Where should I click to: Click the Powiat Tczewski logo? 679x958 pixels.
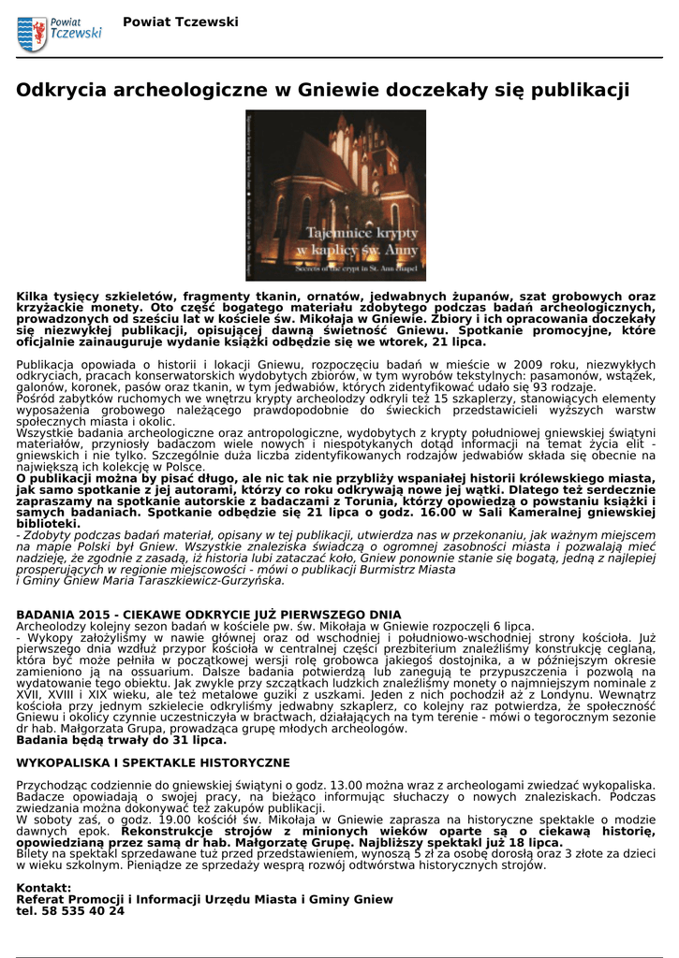59,34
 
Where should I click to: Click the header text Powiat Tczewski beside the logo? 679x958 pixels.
181,22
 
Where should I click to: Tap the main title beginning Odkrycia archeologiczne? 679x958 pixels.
323,91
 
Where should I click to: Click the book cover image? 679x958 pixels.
335,196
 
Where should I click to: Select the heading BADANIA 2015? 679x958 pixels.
209,615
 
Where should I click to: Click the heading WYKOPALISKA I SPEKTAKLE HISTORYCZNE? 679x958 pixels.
154,762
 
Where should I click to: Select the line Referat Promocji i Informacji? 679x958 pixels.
205,898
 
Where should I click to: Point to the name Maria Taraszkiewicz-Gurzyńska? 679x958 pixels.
191,580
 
